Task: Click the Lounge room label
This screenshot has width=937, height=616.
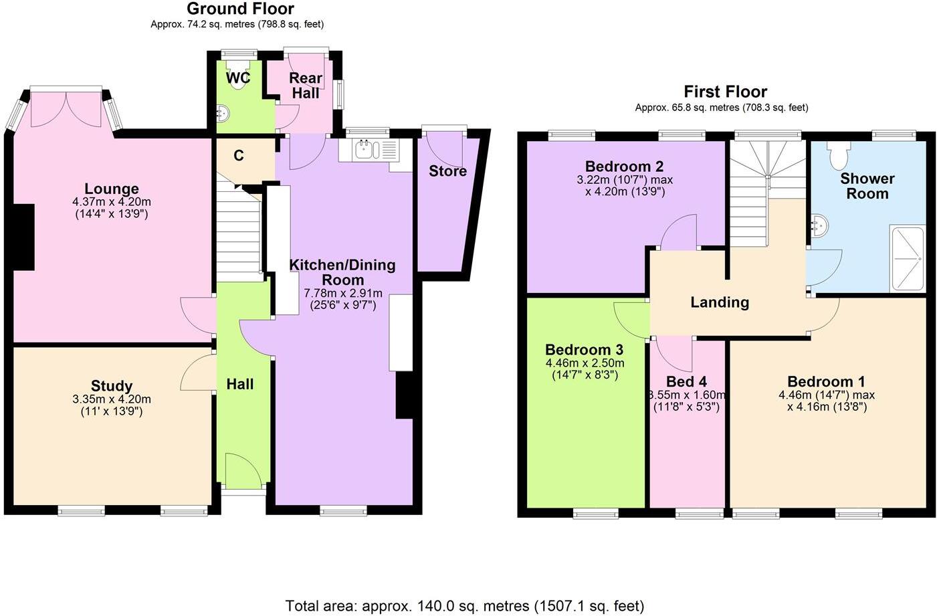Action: (112, 189)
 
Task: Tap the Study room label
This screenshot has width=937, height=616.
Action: (112, 386)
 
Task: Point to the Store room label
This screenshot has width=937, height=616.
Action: (447, 171)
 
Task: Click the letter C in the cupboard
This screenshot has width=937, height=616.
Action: (239, 156)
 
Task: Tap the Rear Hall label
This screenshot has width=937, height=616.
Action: (306, 86)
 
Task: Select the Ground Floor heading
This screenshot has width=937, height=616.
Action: (240, 9)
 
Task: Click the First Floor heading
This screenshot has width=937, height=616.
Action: (725, 92)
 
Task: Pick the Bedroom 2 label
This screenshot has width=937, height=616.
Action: (625, 167)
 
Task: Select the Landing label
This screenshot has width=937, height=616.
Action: (720, 302)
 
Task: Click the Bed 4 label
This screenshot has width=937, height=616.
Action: (686, 382)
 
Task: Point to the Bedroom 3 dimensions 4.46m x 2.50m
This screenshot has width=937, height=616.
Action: (585, 363)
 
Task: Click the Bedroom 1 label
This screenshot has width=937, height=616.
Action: (826, 382)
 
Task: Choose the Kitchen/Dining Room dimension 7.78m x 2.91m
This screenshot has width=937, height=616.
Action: (343, 293)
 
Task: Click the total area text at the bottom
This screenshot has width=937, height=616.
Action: (465, 606)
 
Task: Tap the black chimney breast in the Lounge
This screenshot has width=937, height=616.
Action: (25, 237)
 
